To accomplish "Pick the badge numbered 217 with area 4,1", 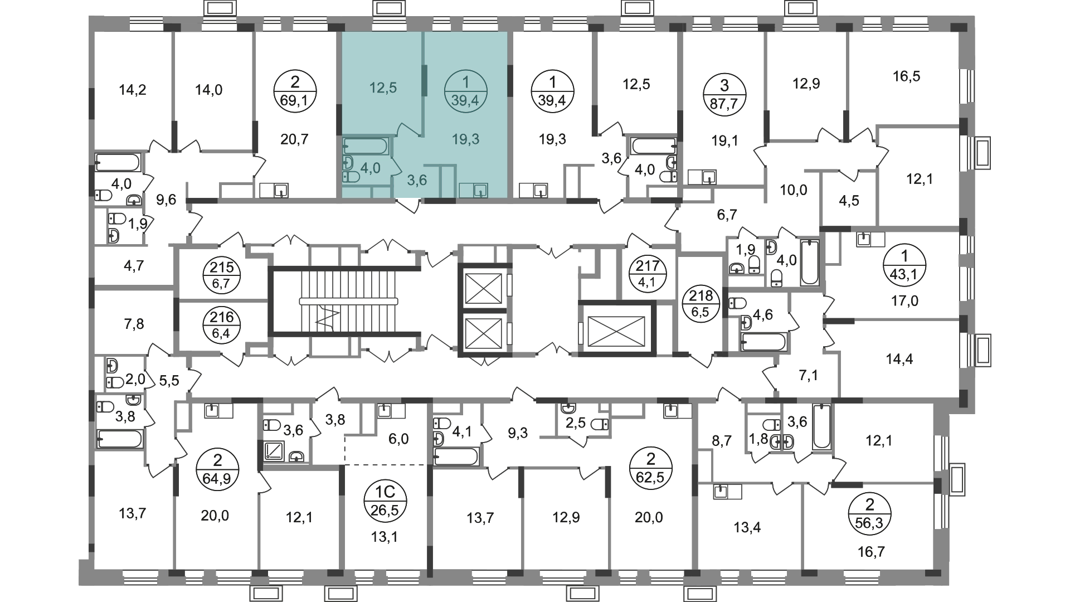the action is [647, 274].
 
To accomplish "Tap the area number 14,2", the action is [133, 89].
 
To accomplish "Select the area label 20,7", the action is [294, 139].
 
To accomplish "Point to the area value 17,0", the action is [904, 302].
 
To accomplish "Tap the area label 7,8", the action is [132, 324].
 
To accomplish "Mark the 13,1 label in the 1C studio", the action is [386, 537].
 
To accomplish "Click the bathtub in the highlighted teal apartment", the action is [366, 146].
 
